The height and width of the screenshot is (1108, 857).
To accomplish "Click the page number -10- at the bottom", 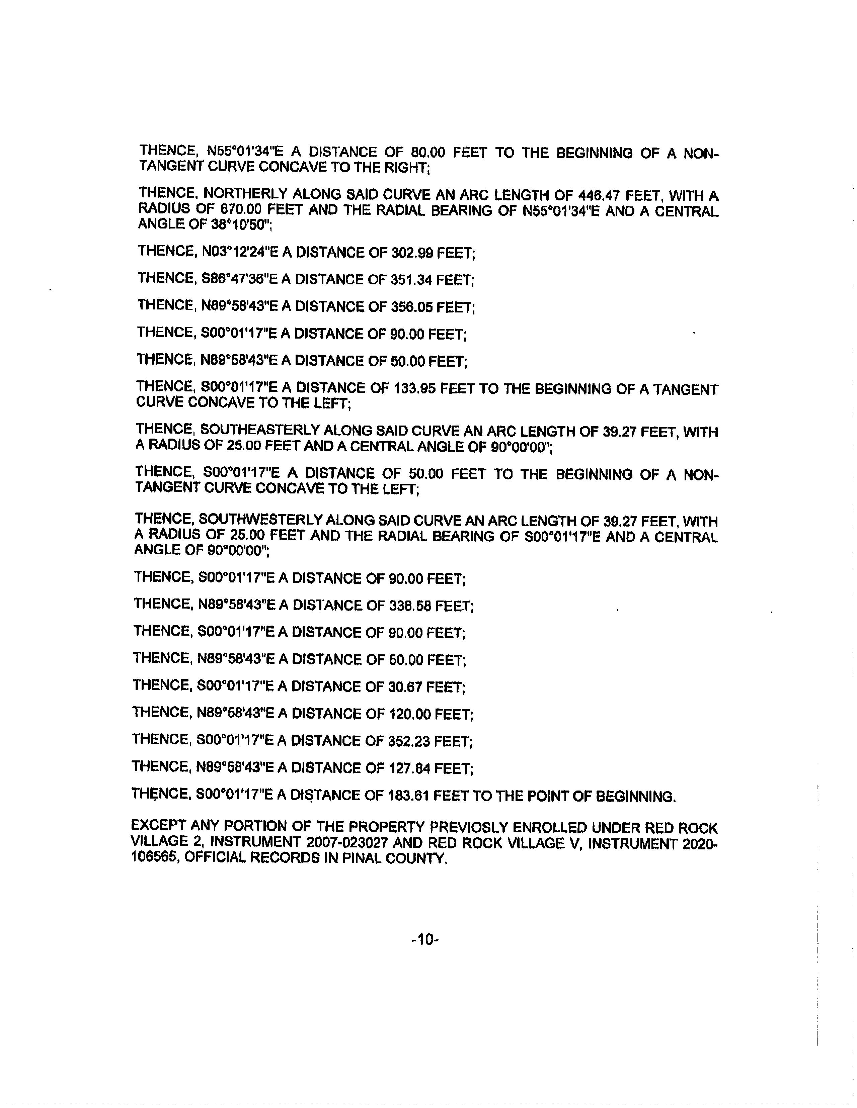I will (424, 940).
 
